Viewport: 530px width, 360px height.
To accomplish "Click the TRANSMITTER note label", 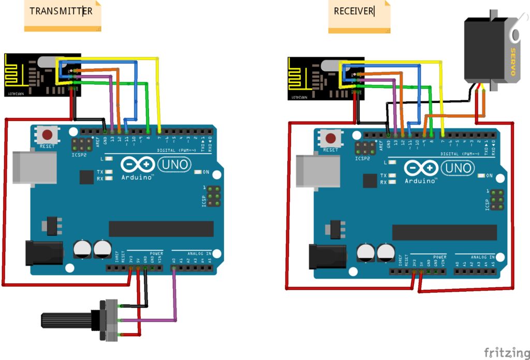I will coord(61,11).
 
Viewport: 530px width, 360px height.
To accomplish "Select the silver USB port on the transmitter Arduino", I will coord(34,168).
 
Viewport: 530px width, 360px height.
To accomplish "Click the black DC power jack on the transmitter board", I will coord(43,253).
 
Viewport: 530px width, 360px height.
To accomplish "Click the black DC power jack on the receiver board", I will coord(327,257).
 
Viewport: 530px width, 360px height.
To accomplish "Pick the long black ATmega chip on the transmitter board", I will coord(161,229).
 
